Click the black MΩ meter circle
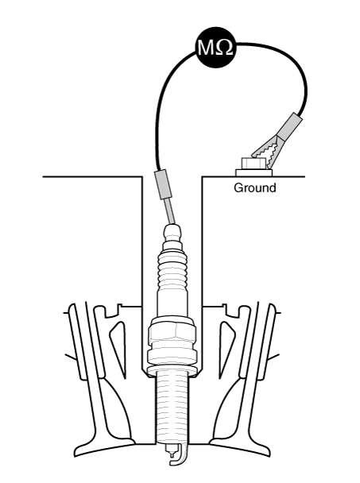point(215,47)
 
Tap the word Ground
point(254,187)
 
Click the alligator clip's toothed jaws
point(267,151)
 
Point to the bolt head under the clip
point(254,164)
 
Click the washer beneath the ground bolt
point(254,173)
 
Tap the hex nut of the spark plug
point(172,332)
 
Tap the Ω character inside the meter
point(224,48)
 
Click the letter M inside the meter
point(206,48)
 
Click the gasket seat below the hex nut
point(172,370)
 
